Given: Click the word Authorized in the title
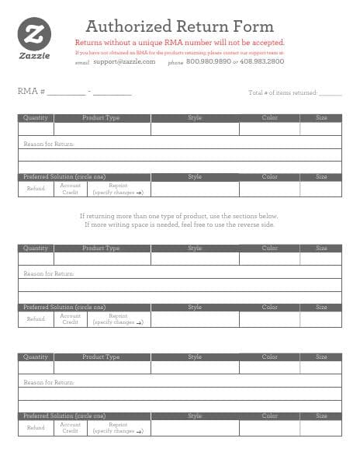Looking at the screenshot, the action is coord(127,26).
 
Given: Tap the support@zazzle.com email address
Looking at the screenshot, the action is coord(124,61).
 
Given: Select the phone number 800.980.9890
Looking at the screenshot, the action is coord(209,61).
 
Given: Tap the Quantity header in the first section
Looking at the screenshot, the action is coord(36,118).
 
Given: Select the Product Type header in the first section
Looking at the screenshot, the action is coord(101,118).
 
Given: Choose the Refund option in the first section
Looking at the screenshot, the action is coord(36,188).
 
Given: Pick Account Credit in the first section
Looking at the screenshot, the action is coord(71,188).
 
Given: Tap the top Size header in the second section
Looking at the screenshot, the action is coord(321,248).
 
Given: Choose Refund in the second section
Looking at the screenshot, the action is coord(36,318).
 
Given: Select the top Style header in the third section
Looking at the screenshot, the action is coord(195,356).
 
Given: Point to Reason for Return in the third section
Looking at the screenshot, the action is coord(49,382).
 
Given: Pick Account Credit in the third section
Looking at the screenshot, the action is coord(71,427).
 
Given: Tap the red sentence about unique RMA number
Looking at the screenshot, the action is coord(180,43).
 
